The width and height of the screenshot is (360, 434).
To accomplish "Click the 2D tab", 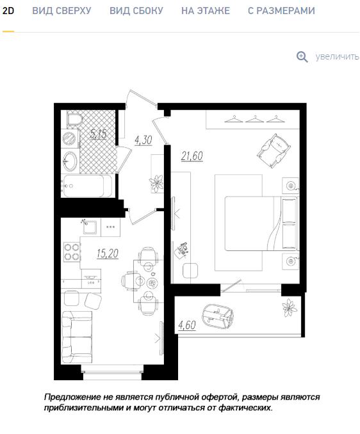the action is click(x=8, y=11).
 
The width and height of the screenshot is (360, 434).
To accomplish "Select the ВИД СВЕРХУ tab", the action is click(x=61, y=11).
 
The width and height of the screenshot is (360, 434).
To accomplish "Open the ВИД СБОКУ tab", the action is click(x=136, y=11).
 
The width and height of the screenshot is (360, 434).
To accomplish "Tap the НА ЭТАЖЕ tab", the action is click(x=206, y=11).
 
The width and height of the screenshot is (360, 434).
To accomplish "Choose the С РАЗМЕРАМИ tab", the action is click(x=281, y=11).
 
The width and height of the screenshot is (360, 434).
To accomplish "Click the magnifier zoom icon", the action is click(x=302, y=57).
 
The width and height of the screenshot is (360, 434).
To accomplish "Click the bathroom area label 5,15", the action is click(x=98, y=134).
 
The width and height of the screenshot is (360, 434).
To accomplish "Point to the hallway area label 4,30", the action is click(x=143, y=140).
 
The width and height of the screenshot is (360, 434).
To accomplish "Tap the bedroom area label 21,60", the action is click(x=192, y=156).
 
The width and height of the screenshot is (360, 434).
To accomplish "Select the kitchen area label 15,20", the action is click(x=108, y=253).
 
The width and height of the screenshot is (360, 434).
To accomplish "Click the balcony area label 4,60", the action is click(x=187, y=325).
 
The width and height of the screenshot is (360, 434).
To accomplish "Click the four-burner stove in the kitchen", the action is click(x=72, y=252).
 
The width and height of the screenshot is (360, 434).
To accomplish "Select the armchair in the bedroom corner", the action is click(x=274, y=150).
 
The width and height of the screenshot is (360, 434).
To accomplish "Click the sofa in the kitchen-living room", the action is click(x=77, y=337).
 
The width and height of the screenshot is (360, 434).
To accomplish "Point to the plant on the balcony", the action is click(x=290, y=307).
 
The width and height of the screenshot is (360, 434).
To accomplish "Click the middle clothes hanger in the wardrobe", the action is click(x=255, y=118).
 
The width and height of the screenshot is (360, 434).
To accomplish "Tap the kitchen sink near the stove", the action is click(x=90, y=227).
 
